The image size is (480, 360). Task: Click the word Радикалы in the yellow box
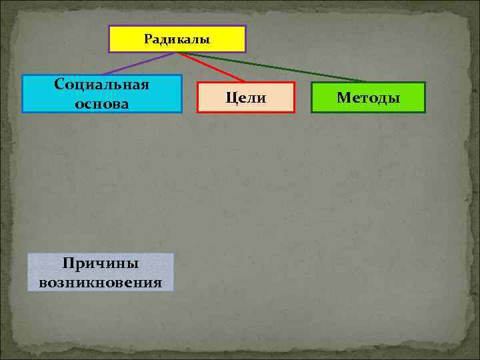tap(177, 39)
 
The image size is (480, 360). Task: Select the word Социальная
tap(102, 85)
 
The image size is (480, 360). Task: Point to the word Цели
tap(245, 98)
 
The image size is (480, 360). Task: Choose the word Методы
tap(368, 98)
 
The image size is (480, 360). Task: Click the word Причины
tap(101, 263)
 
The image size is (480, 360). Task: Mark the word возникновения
tap(101, 281)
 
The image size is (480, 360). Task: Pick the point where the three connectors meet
tap(177, 53)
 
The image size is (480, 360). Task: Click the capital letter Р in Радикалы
tap(147, 39)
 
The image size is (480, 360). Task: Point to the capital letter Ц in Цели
tap(230, 98)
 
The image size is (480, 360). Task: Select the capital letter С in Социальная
tap(59, 85)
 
